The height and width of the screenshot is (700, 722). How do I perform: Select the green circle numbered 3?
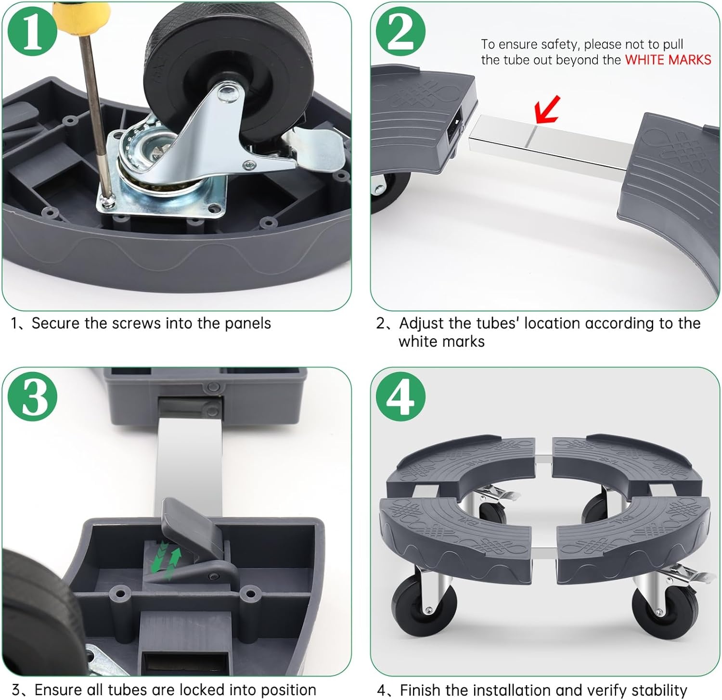click(x=33, y=397)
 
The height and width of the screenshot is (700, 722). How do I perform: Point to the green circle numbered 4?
click(x=400, y=397)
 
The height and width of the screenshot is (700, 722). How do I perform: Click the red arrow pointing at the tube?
click(x=549, y=109)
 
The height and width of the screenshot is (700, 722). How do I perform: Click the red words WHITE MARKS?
click(x=668, y=60)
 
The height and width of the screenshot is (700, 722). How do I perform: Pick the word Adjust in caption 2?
click(x=425, y=323)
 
